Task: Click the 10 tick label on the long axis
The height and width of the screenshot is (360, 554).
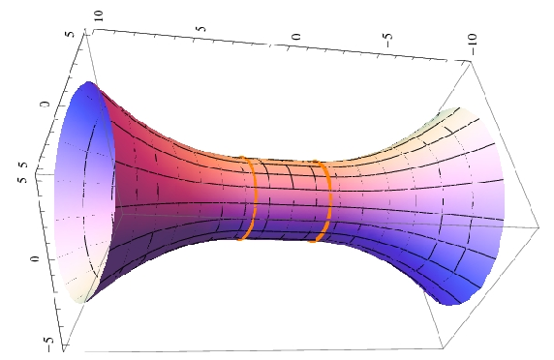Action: click(x=100, y=16)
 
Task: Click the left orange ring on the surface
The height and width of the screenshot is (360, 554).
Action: click(x=252, y=198)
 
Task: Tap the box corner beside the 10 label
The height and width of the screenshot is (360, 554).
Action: click(x=94, y=30)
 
